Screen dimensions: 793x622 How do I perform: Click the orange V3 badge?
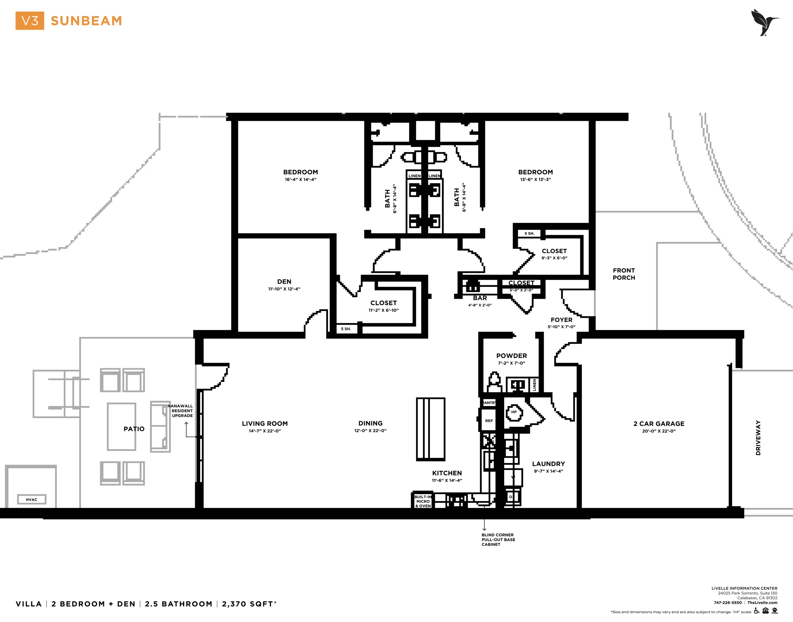tap(29, 20)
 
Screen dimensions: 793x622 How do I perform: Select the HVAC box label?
tap(32, 499)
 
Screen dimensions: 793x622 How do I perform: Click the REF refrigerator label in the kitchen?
tap(489, 421)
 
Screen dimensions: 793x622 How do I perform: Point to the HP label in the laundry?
tap(514, 412)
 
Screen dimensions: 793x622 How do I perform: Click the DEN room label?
tap(284, 282)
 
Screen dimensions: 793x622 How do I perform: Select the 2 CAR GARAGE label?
tap(659, 423)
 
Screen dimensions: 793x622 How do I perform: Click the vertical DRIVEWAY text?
tap(758, 438)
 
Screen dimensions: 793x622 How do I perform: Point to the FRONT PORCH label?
tap(624, 274)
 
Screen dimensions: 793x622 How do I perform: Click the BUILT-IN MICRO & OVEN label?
tap(423, 501)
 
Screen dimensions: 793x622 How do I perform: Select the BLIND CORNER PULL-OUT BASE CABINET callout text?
tap(498, 540)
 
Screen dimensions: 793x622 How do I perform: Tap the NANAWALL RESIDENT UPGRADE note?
tap(181, 411)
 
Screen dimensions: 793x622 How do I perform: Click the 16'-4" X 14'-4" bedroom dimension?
tap(301, 180)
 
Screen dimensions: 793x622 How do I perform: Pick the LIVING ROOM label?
tap(265, 423)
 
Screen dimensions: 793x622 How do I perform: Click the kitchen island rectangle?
tap(431, 429)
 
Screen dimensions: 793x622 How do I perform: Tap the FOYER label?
tap(561, 320)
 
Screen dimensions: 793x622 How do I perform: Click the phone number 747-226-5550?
tap(728, 603)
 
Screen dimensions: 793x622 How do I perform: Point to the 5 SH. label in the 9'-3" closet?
tap(529, 234)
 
